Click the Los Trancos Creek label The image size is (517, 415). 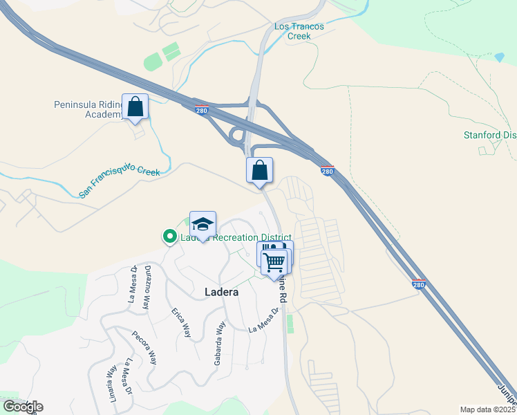tap(299, 31)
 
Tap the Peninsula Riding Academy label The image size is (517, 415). tap(88, 110)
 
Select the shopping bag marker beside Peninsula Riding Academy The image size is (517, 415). tap(135, 107)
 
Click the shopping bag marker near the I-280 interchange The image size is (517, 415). tap(259, 170)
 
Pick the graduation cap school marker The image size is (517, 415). tap(203, 225)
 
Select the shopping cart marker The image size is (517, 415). tap(274, 262)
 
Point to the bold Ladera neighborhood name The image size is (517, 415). tap(222, 293)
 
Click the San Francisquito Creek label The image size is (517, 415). tap(120, 181)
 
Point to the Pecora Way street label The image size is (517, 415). tap(144, 344)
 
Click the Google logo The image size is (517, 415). tap(23, 406)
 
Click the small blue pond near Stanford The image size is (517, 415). tap(499, 57)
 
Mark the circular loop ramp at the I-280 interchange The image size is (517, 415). tap(236, 135)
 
